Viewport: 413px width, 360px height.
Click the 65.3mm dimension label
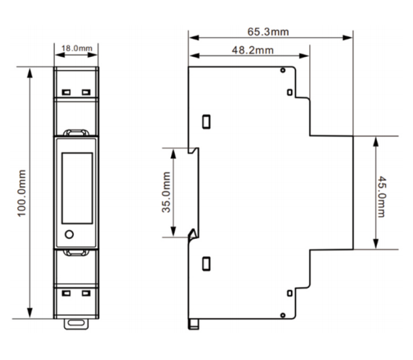268,32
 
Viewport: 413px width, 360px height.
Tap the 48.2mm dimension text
253,50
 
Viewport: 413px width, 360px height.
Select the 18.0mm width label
77,48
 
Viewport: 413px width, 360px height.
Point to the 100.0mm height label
22,193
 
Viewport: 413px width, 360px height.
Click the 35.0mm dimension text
166,192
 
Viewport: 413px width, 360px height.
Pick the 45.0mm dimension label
382,197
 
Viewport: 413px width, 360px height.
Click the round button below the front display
69,234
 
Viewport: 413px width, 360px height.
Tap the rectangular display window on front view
77,188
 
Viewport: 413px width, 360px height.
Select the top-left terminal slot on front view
66,92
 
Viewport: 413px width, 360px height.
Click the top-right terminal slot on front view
86,92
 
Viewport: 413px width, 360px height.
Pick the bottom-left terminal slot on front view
66,293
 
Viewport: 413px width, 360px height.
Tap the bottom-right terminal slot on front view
86,293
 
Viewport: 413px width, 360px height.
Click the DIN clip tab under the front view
77,324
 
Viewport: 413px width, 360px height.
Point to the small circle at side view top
283,70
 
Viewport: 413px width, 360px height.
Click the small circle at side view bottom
283,315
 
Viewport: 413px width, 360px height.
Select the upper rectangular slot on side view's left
206,122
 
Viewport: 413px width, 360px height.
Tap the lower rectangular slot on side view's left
206,263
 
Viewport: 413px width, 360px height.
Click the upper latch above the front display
77,133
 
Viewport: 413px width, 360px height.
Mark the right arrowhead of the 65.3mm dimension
347,38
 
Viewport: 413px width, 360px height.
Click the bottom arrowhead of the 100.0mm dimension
30,313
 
